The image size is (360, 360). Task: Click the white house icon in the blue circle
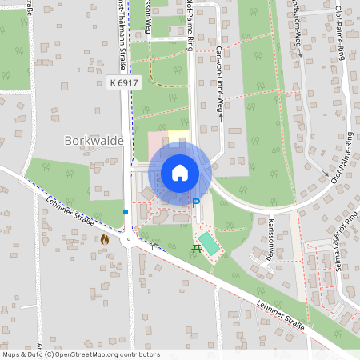pyautogui.click(x=179, y=171)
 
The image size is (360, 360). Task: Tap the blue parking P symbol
pyautogui.click(x=195, y=203)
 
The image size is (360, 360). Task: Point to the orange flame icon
pyautogui.click(x=104, y=238)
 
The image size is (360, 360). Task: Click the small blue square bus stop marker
pyautogui.click(x=126, y=212)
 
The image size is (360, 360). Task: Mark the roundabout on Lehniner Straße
pyautogui.click(x=128, y=238)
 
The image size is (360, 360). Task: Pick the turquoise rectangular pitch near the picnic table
pyautogui.click(x=210, y=243)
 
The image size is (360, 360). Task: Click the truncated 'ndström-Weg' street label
pyautogui.click(x=296, y=32)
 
